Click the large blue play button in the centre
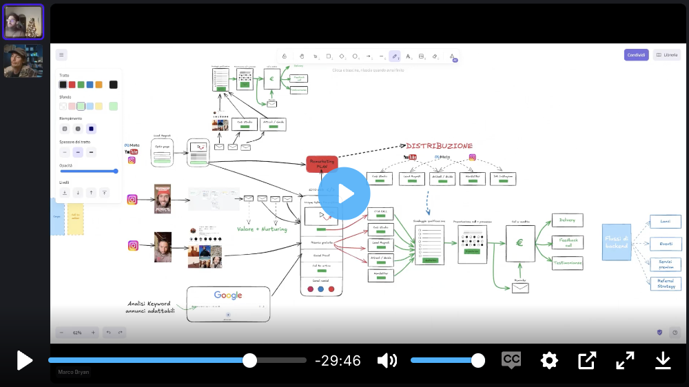(344, 193)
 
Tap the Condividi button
(636, 55)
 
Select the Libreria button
(667, 55)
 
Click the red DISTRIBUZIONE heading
(439, 146)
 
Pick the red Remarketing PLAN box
(322, 164)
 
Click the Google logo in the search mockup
(228, 295)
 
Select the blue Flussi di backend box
(616, 242)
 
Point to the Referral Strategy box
(666, 284)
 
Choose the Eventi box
(666, 244)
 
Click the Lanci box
(666, 222)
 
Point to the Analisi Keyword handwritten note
(150, 307)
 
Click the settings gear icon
(549, 360)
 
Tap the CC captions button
(511, 360)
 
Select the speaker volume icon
(387, 360)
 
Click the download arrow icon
(663, 360)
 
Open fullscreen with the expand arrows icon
(625, 360)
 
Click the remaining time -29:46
(338, 361)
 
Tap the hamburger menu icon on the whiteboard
(61, 55)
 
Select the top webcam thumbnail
(24, 22)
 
